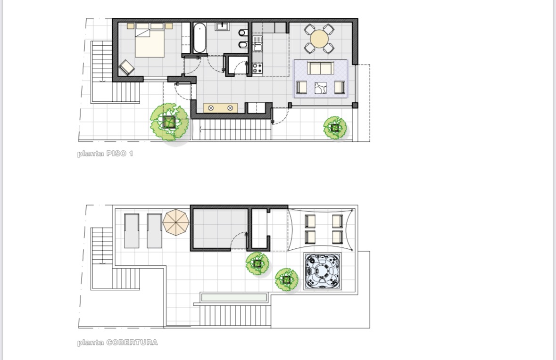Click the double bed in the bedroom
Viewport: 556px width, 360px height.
click(149, 40)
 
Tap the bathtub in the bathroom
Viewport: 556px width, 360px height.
click(199, 38)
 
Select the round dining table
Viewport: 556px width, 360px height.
click(319, 39)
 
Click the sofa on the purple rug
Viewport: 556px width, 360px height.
click(321, 68)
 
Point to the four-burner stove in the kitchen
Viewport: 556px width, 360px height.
click(257, 68)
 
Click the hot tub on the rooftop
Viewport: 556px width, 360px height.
click(322, 271)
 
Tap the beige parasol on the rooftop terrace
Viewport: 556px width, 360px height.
click(176, 222)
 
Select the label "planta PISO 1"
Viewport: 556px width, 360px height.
click(105, 154)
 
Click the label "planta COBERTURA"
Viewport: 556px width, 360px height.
click(117, 342)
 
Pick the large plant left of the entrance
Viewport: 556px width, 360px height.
click(169, 122)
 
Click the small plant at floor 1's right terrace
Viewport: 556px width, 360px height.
click(335, 128)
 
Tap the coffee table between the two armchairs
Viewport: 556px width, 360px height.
click(321, 88)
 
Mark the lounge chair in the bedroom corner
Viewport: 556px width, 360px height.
click(126, 67)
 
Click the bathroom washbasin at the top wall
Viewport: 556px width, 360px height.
click(222, 26)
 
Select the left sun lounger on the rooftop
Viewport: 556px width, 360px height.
click(132, 231)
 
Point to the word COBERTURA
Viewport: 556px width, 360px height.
click(132, 342)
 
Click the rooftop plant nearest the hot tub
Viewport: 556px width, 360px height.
click(287, 280)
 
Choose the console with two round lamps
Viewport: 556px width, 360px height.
click(221, 108)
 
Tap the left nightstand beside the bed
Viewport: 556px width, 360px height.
click(131, 26)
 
